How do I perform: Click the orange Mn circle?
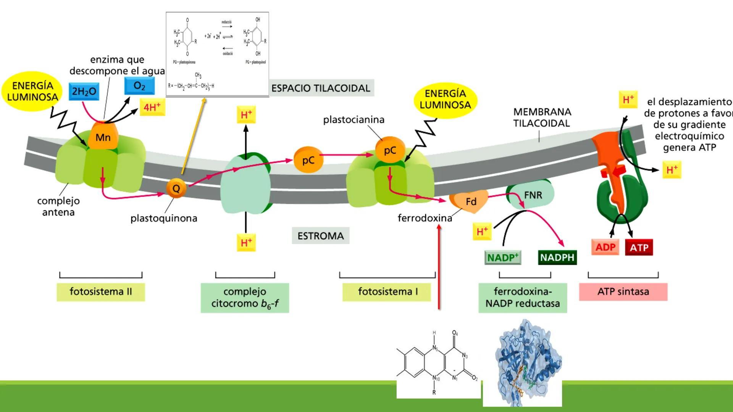coord(103,137)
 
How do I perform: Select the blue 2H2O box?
coord(84,92)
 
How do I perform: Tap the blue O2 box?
coord(139,86)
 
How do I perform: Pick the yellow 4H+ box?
coord(152,107)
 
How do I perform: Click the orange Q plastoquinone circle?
coord(176,188)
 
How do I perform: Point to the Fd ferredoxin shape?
coord(470,201)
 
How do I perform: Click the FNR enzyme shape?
coord(533,195)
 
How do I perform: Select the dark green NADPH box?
coord(557,257)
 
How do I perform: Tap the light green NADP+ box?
coord(503,257)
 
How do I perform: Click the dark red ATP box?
coord(639,248)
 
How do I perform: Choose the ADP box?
coord(605,247)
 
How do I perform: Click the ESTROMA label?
coord(321,236)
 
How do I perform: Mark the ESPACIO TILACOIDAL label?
coord(321,88)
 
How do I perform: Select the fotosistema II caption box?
coord(101,292)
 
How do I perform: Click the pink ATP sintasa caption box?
coord(623,292)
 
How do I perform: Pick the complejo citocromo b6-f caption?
coord(245,298)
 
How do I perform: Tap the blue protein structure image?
coord(522,364)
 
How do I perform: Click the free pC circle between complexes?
coord(308,160)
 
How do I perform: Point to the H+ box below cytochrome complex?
coord(246,243)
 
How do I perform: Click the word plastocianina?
coord(354,120)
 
